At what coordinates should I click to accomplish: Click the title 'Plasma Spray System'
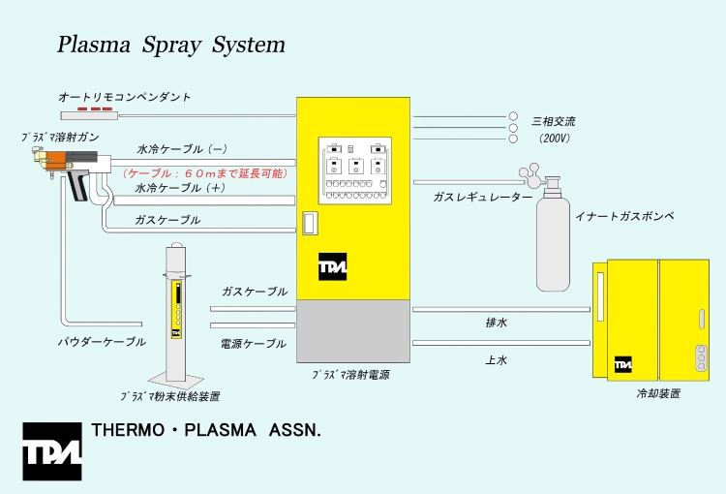[171, 45]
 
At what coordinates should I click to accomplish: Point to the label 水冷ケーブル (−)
[182, 150]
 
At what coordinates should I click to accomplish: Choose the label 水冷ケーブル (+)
[182, 188]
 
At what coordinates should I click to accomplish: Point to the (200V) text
[554, 139]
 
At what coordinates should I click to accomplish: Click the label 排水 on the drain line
[496, 323]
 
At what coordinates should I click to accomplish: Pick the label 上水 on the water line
[496, 359]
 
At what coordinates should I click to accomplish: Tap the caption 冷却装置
[657, 394]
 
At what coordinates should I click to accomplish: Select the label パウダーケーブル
[101, 342]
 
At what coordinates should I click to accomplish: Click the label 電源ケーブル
[254, 344]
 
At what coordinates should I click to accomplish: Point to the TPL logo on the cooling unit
[622, 364]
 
